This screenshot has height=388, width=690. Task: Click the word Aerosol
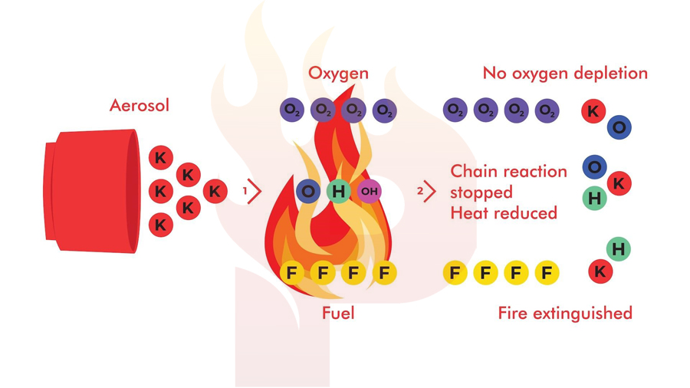click(139, 106)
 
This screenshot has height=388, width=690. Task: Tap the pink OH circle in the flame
click(370, 191)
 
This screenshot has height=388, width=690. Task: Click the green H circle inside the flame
click(338, 191)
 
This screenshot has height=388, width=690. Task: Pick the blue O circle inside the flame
click(308, 191)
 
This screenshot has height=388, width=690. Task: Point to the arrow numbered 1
click(255, 191)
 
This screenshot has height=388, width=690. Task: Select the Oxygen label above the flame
click(338, 73)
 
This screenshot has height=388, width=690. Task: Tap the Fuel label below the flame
click(338, 313)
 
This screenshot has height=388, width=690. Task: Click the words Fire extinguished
click(565, 313)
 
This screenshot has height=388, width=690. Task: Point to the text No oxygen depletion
click(565, 73)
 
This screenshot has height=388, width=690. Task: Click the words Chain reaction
click(509, 171)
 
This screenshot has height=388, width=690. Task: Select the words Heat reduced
click(504, 213)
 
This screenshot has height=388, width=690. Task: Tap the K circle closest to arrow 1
click(215, 192)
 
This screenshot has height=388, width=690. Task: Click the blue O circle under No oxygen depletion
click(619, 127)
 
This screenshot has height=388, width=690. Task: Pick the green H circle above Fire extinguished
click(618, 249)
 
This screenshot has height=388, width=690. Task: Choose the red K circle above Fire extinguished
click(600, 271)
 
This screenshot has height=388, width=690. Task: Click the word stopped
click(481, 192)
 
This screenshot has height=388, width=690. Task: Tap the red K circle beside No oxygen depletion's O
click(593, 111)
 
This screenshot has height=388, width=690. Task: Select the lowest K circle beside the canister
click(161, 225)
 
